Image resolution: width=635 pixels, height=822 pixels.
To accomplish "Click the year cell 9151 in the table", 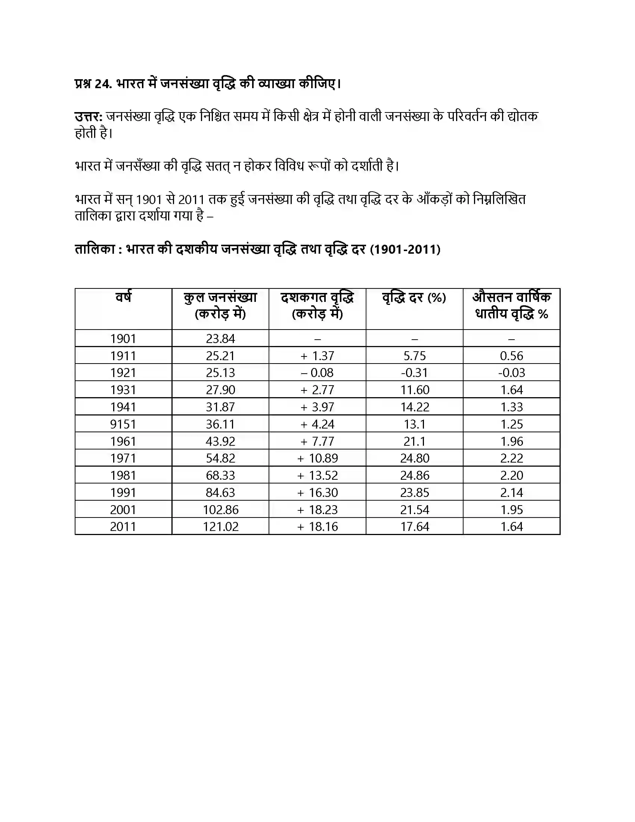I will coord(123,424).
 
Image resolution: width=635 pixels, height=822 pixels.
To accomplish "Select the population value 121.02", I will coord(220,526).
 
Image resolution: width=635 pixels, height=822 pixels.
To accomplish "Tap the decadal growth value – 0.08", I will coord(317,373).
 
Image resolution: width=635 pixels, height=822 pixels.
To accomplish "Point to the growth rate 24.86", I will coord(415,475).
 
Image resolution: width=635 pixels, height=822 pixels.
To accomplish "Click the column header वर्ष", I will coord(123,297).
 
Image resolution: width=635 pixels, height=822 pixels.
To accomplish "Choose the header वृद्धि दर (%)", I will coord(414,298).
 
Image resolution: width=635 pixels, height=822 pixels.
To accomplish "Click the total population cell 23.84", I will coord(220,339).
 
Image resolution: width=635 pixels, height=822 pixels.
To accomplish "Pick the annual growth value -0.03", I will coord(511,373).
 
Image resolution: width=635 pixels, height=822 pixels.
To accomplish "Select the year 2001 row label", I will coord(123,510).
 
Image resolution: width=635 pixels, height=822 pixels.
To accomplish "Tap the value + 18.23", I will coord(317,510).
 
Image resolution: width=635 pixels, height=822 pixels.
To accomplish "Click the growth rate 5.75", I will coord(415,356).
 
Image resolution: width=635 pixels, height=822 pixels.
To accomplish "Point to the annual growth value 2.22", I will coord(512,458).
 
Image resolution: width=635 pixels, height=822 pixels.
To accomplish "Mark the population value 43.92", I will coord(220,441).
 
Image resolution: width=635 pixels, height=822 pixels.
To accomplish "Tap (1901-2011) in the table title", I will coord(405,249).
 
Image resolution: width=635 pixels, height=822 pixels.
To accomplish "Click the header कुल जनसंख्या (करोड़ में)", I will coord(220,305).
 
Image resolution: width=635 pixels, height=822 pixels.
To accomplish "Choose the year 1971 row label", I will coord(123,458).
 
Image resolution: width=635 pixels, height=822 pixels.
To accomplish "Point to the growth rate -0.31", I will coord(414,373).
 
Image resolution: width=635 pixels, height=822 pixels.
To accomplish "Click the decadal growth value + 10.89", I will coord(317,458).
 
